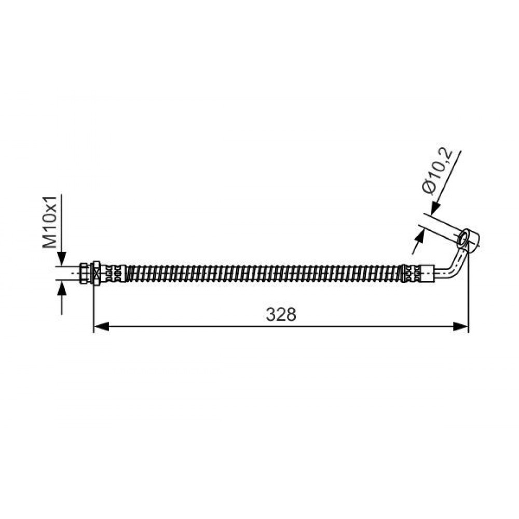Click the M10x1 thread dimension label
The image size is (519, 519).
click(x=50, y=222)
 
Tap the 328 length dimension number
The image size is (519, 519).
click(x=281, y=315)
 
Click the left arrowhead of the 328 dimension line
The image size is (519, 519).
click(x=102, y=327)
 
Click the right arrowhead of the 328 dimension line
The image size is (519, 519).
click(x=461, y=327)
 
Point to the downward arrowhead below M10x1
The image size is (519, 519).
click(x=62, y=259)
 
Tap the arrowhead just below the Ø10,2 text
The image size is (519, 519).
click(x=435, y=208)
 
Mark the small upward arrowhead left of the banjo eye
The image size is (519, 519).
click(x=420, y=237)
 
